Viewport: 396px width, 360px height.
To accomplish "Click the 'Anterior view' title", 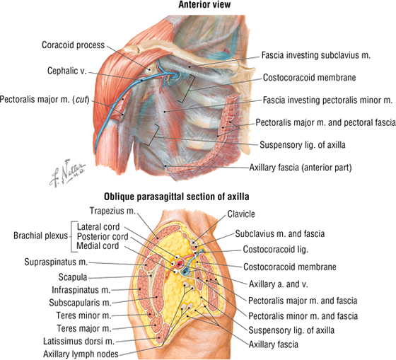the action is click(204, 4).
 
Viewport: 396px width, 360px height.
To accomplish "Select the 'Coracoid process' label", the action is click(73, 45).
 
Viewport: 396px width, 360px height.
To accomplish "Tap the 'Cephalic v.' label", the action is click(66, 71).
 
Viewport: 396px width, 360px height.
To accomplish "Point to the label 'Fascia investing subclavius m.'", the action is click(315, 55).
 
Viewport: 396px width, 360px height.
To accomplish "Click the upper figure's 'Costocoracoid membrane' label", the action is click(310, 77).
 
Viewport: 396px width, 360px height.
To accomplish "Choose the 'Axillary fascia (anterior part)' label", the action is click(301, 167).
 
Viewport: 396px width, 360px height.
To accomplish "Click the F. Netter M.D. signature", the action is click(67, 173).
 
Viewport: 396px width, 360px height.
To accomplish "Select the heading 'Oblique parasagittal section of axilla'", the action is click(177, 197).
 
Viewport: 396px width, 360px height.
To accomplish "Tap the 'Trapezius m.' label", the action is click(112, 211).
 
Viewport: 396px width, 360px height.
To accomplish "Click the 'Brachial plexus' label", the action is click(41, 236).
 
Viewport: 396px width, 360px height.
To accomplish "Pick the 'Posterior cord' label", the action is click(103, 236).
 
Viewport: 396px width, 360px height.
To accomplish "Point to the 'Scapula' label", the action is click(73, 277).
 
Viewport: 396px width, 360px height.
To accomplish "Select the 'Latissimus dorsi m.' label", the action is click(78, 342).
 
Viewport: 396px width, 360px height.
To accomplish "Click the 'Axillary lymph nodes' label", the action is click(81, 354).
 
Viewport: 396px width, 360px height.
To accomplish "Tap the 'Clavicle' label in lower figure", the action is click(241, 214).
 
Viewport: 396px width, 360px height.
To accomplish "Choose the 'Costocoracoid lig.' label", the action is click(276, 250).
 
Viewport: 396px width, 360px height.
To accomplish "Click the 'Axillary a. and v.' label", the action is click(279, 284).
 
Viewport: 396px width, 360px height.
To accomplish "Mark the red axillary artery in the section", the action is click(180, 265).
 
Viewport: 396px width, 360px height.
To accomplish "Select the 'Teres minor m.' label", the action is click(84, 315).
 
